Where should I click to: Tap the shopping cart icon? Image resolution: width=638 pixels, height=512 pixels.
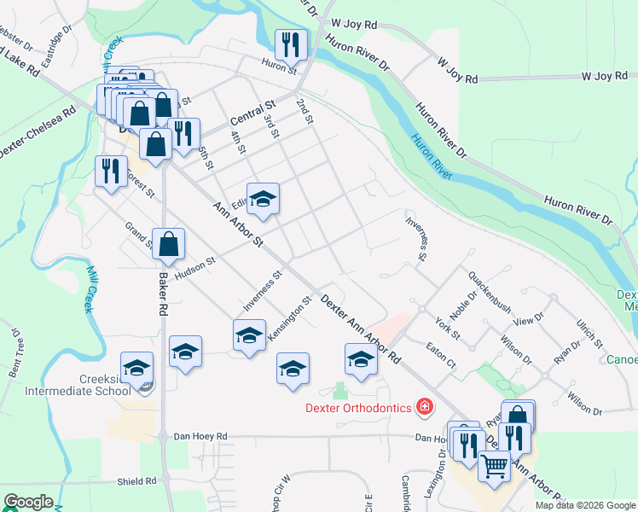(x=494, y=467)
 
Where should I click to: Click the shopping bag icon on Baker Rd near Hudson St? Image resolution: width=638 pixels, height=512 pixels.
(x=169, y=244)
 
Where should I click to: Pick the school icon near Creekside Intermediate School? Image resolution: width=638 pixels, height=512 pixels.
(x=136, y=368)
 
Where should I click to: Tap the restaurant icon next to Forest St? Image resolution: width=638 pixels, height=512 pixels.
(x=111, y=171)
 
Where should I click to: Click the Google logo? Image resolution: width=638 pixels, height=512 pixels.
(x=28, y=502)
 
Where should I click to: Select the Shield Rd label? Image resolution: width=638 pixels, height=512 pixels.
(x=137, y=481)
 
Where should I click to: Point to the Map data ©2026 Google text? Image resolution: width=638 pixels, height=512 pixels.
(x=584, y=505)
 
